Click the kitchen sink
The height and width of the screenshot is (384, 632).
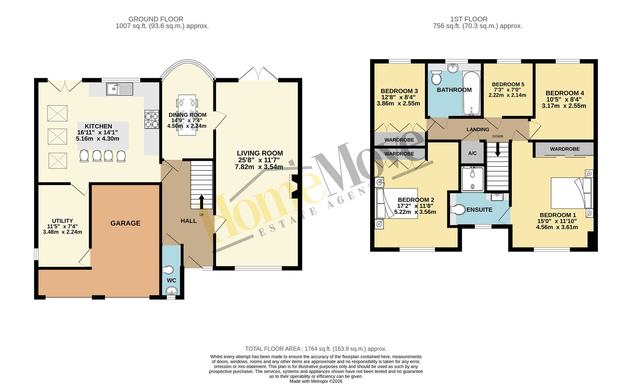click(x=120, y=89)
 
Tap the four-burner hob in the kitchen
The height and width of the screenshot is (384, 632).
click(x=152, y=120)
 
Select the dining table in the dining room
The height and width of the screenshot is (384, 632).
click(x=187, y=115)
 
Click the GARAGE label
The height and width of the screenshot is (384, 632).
click(x=125, y=223)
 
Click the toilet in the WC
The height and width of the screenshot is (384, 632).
click(x=168, y=270)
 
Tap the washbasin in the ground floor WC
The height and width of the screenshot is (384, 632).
click(x=171, y=290)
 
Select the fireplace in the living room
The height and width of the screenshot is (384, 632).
click(x=294, y=187)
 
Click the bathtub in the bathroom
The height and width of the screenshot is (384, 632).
click(x=471, y=94)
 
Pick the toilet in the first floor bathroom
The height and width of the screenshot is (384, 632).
click(x=436, y=77)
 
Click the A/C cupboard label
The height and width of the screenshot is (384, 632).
click(x=472, y=154)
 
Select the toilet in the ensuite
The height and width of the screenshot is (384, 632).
click(x=457, y=210)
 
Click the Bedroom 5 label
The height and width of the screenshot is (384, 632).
click(x=508, y=84)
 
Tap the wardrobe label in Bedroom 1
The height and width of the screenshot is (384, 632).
click(x=565, y=149)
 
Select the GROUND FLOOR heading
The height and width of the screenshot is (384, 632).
click(x=156, y=19)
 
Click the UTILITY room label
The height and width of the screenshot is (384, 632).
click(x=62, y=221)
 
